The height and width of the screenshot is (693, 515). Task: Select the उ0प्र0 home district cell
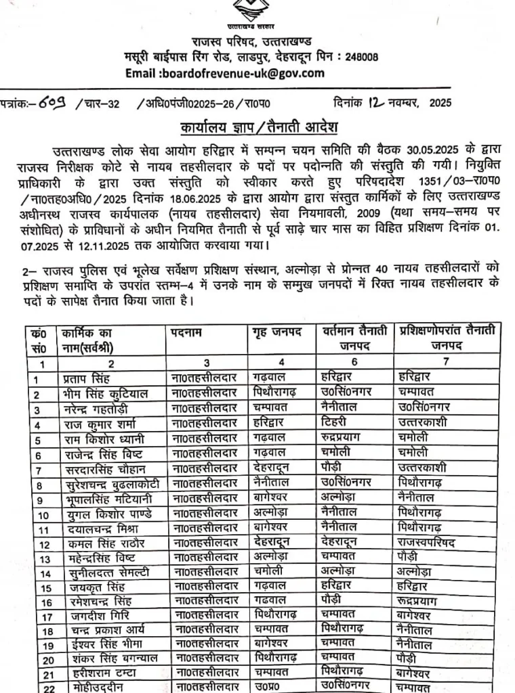pyautogui.click(x=268, y=687)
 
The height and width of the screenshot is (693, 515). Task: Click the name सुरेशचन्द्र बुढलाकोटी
pyautogui.click(x=112, y=484)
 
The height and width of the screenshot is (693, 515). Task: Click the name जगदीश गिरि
pyautogui.click(x=97, y=615)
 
